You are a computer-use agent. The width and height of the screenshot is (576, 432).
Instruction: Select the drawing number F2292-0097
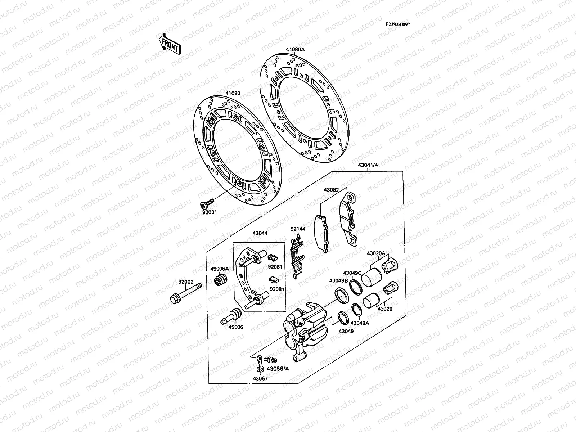coord(398,24)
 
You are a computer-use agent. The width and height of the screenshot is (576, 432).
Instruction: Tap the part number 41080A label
coord(295,50)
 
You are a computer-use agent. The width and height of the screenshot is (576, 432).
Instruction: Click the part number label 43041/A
coord(368,165)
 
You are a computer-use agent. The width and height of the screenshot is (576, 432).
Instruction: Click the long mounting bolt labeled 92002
coord(185,293)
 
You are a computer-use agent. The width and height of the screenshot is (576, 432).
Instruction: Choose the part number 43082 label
coord(331,190)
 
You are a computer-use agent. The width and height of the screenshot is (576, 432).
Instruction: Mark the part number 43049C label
coord(352,273)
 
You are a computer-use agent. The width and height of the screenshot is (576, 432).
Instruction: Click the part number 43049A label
coord(360,323)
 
